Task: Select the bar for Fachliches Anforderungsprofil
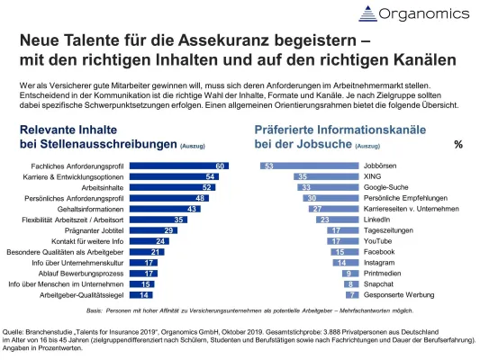180,165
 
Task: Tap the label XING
374,177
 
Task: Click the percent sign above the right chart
458,144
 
